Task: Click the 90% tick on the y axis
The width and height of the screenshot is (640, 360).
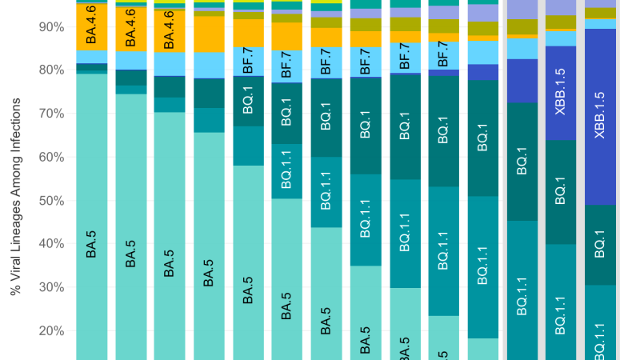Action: (x=51, y=27)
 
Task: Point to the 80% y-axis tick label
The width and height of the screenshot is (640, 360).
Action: (x=51, y=70)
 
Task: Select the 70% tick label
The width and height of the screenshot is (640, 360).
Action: (x=51, y=114)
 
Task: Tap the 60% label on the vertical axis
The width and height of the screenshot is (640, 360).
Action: (x=51, y=158)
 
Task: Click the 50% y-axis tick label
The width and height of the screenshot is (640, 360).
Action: (x=51, y=201)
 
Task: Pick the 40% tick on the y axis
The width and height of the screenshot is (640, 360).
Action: (x=51, y=244)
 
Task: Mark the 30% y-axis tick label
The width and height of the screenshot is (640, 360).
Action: (x=51, y=287)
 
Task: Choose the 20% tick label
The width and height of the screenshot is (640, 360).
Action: (x=51, y=331)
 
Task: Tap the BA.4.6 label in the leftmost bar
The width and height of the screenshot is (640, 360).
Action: (x=92, y=26)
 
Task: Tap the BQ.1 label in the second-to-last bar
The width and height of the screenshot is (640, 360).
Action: (x=561, y=192)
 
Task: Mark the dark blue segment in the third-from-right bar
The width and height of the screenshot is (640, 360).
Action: (x=522, y=81)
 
